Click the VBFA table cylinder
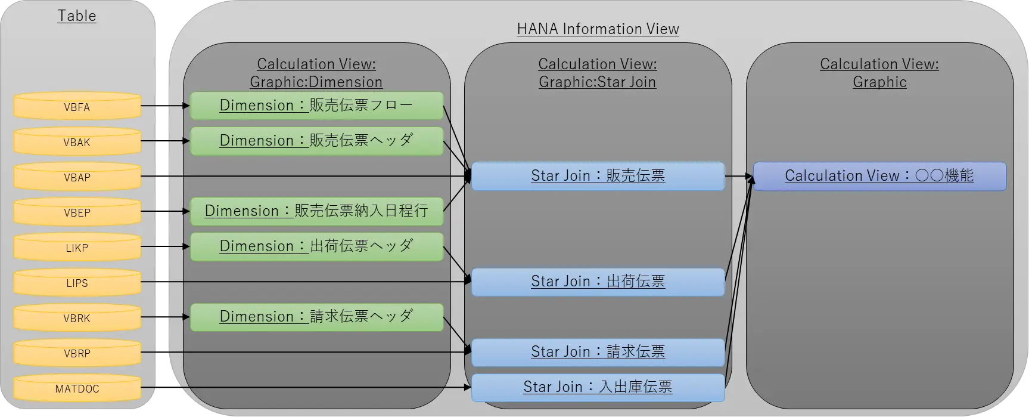tap(77, 106)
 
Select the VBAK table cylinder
tap(77, 141)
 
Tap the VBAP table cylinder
tap(77, 177)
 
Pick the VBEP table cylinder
tap(77, 212)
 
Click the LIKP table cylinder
tap(77, 247)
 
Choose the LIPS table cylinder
tap(77, 282)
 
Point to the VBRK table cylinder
tap(77, 317)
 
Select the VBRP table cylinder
tap(77, 353)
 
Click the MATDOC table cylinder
tap(77, 388)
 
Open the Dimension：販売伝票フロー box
tap(317, 106)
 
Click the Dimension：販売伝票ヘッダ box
tap(317, 141)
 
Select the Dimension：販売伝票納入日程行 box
tap(317, 211)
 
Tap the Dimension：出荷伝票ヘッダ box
tap(317, 246)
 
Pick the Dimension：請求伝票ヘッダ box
tap(317, 317)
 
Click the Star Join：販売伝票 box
tap(598, 176)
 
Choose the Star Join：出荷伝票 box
tap(598, 282)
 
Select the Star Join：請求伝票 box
tap(598, 352)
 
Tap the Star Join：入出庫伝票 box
tap(598, 387)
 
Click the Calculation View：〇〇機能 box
tap(880, 176)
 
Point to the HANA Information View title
tap(598, 29)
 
